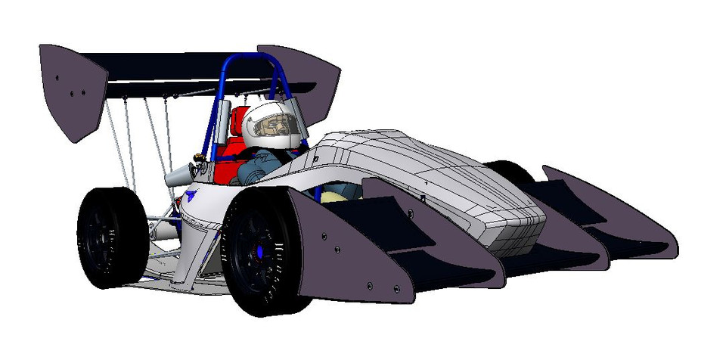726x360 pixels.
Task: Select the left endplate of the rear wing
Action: (x=71, y=91)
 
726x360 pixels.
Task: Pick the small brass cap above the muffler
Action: (x=200, y=158)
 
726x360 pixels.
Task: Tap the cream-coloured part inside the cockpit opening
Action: (x=331, y=195)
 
